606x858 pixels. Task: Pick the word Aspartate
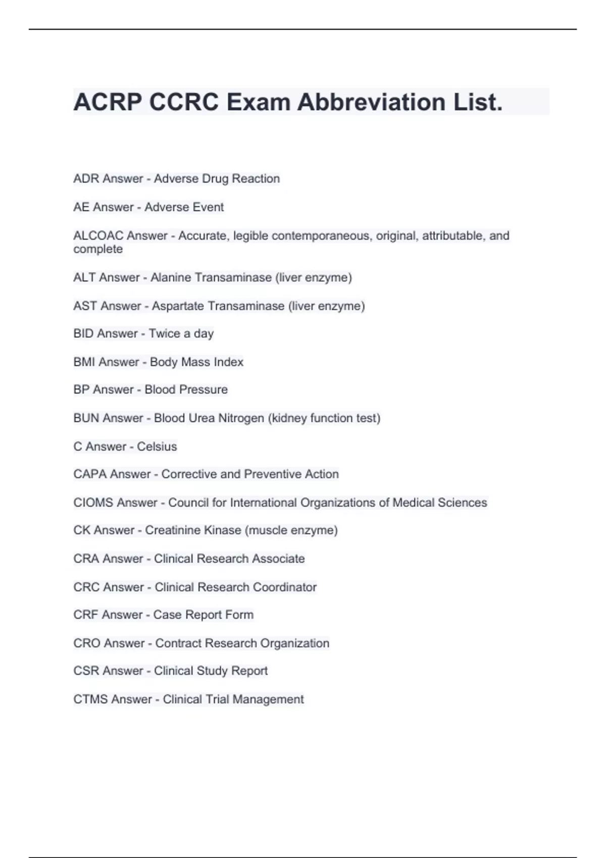pos(178,306)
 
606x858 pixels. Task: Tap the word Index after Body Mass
pos(228,362)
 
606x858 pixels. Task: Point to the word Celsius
pos(157,447)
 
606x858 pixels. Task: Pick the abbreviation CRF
pos(83,615)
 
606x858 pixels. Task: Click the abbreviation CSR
pos(84,671)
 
